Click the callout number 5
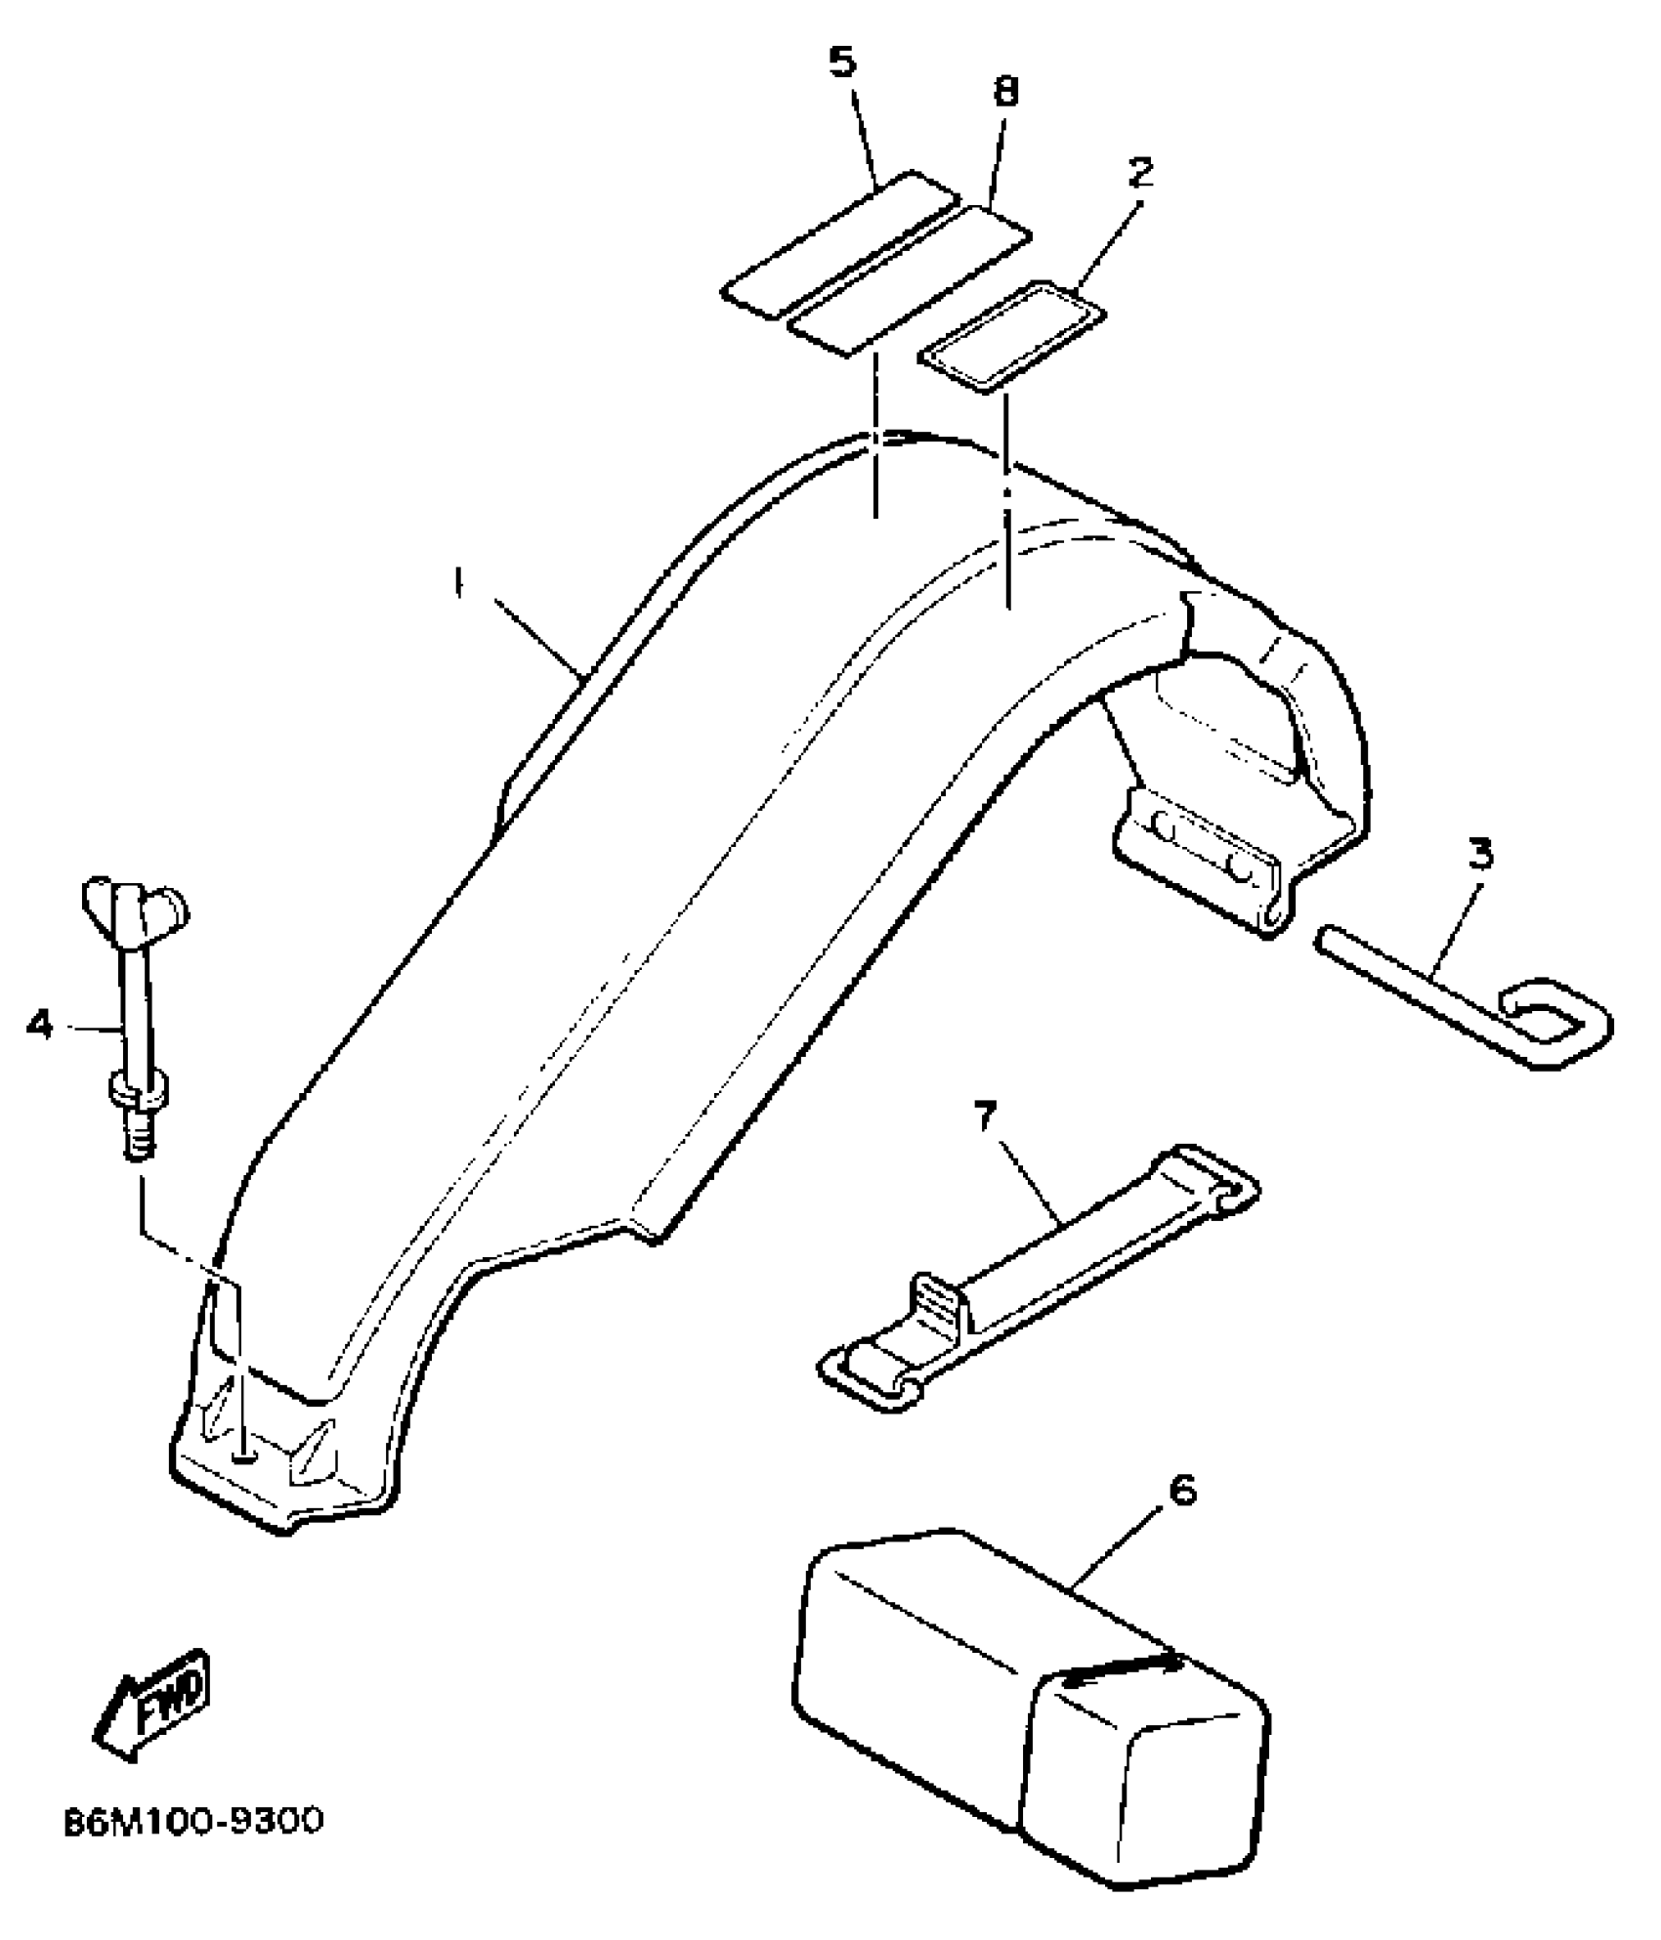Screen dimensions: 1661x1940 point(841,63)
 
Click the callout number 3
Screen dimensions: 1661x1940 point(1481,855)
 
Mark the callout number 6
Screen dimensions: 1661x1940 point(1181,1493)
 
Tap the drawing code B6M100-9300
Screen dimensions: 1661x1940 point(192,1823)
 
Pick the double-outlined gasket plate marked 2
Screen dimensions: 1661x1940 point(1010,337)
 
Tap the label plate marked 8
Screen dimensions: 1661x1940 point(910,280)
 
